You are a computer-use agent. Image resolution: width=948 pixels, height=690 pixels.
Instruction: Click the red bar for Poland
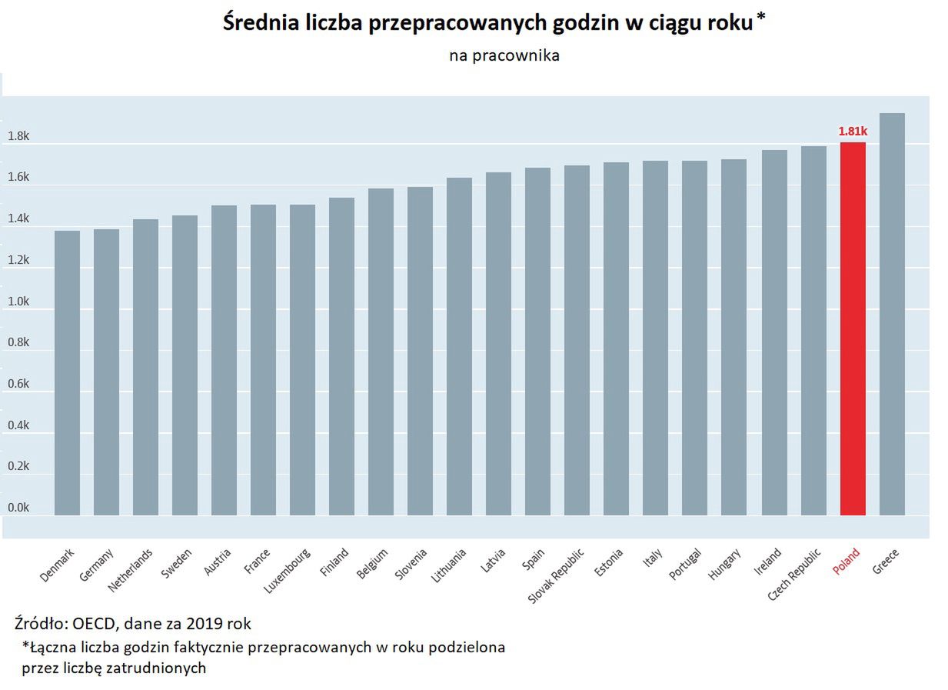(x=853, y=331)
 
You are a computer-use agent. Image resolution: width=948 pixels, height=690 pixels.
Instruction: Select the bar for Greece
(x=892, y=315)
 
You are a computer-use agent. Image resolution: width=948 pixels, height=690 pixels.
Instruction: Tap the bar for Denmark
(x=67, y=373)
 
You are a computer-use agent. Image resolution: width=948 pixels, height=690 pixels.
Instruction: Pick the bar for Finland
(x=341, y=358)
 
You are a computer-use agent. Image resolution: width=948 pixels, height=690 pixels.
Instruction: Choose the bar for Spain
(x=537, y=342)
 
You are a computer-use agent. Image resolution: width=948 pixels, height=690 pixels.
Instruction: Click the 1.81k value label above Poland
(x=853, y=132)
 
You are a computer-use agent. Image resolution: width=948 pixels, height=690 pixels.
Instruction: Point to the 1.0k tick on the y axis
(x=18, y=302)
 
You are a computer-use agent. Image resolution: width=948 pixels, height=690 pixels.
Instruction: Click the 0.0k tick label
(x=18, y=508)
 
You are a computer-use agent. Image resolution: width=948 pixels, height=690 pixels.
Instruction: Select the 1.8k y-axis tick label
(x=18, y=137)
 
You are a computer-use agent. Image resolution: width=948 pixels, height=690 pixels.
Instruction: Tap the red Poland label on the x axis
(x=847, y=562)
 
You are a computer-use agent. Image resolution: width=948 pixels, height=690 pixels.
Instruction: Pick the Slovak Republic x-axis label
(x=557, y=575)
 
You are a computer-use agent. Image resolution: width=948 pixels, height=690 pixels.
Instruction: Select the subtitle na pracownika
(x=504, y=55)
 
